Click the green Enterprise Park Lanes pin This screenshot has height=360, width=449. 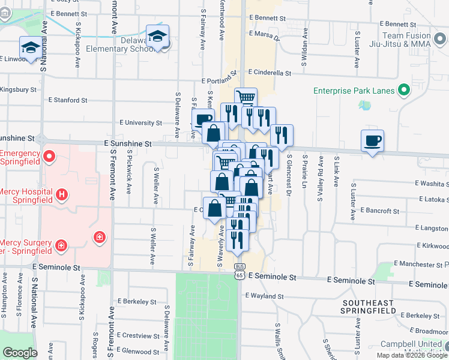coord(404,91)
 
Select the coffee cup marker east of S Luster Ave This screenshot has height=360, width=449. coord(372,141)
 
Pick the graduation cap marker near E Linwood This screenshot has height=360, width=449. coord(30,48)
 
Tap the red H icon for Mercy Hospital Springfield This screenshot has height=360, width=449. coord(61,194)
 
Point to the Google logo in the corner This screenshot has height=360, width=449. coord(19,353)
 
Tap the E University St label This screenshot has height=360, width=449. coord(141,123)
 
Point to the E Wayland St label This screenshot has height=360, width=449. coord(265,296)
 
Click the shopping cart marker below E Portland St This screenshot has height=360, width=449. coord(246,97)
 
